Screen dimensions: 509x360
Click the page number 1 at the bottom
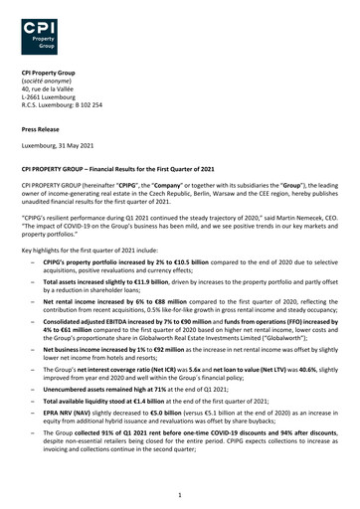[179, 493]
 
